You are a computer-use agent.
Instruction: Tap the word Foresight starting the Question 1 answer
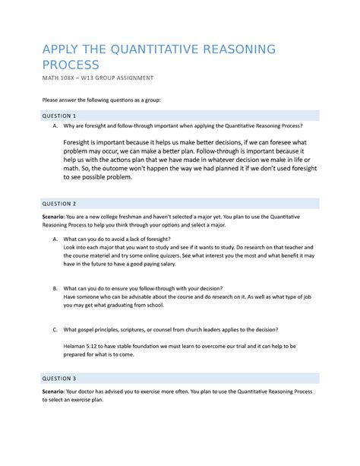point(81,141)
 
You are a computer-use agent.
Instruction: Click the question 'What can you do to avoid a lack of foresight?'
point(117,239)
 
